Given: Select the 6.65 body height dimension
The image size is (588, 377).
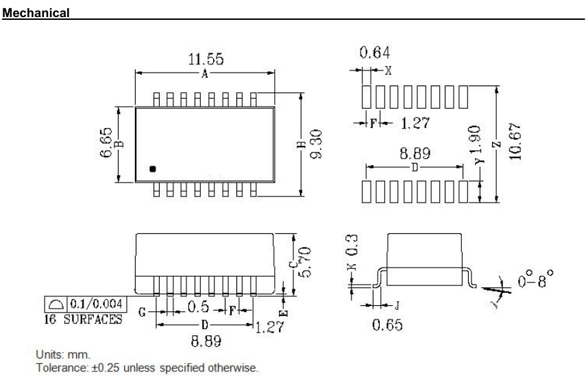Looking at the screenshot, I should click(x=105, y=144).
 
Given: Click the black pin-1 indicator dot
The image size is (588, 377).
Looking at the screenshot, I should click(x=153, y=168).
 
